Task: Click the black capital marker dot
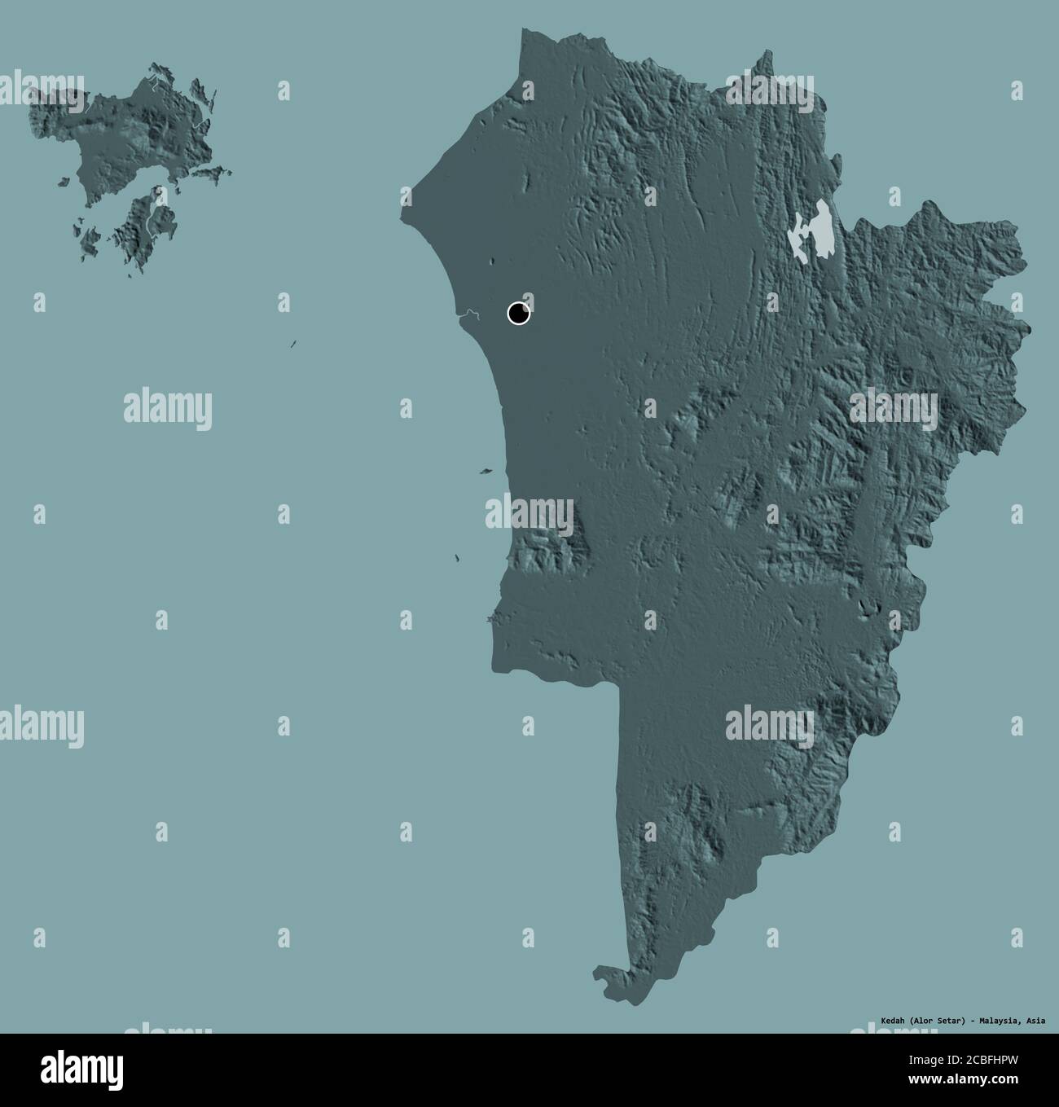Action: [x=518, y=313]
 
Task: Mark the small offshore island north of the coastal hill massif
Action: [x=486, y=470]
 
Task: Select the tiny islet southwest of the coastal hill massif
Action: [x=457, y=559]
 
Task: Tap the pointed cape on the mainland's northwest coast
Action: [x=406, y=214]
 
